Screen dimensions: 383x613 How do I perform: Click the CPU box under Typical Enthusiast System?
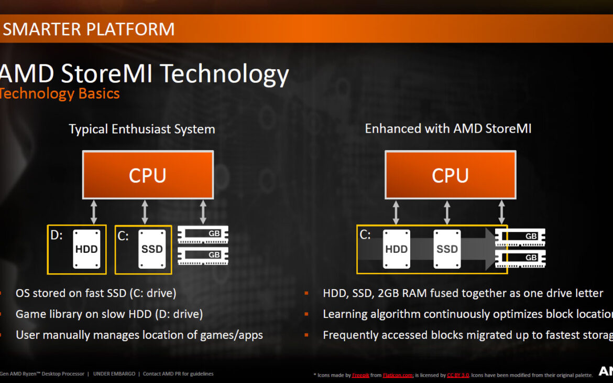point(148,175)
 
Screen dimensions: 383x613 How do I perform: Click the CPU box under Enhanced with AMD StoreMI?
point(450,175)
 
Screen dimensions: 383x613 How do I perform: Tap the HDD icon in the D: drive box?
point(86,249)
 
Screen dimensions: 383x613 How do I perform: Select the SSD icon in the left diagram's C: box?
point(152,249)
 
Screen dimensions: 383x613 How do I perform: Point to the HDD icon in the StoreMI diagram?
point(396,249)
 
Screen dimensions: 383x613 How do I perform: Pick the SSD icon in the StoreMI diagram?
point(447,249)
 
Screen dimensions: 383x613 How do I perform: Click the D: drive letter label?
point(56,235)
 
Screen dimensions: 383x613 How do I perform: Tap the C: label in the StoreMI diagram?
point(365,235)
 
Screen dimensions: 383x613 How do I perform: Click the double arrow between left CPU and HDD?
point(94,212)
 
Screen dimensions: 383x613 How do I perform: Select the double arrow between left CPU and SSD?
point(145,212)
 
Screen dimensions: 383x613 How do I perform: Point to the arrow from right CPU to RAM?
point(501,212)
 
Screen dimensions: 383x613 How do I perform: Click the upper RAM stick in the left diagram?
point(203,235)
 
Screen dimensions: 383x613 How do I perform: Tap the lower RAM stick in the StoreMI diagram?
point(520,258)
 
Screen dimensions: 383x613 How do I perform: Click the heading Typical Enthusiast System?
point(142,129)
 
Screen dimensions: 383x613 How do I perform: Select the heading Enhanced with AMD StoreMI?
point(448,129)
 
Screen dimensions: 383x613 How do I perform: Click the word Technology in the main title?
point(224,75)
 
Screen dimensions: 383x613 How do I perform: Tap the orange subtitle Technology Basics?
point(60,94)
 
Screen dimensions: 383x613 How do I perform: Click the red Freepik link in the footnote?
point(360,375)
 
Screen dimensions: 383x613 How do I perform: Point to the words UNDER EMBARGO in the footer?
point(115,374)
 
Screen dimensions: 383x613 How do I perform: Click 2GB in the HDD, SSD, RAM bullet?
point(386,293)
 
